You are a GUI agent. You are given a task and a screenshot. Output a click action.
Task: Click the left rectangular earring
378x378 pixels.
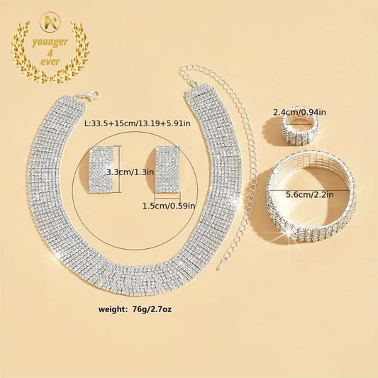coord(101,169)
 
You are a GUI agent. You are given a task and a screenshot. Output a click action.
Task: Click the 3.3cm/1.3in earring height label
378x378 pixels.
coord(130,172)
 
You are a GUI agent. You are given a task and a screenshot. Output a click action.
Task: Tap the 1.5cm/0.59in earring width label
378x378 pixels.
coord(169,206)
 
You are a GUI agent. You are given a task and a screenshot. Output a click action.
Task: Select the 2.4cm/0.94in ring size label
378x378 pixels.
coord(299,112)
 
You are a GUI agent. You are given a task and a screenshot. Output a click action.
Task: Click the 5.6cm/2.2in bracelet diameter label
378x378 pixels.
coord(309,194)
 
